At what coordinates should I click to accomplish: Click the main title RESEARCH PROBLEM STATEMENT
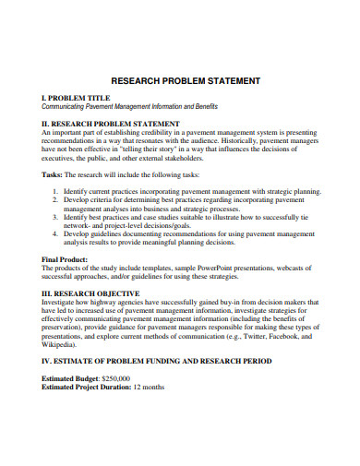185,81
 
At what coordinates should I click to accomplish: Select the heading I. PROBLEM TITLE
77,97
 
